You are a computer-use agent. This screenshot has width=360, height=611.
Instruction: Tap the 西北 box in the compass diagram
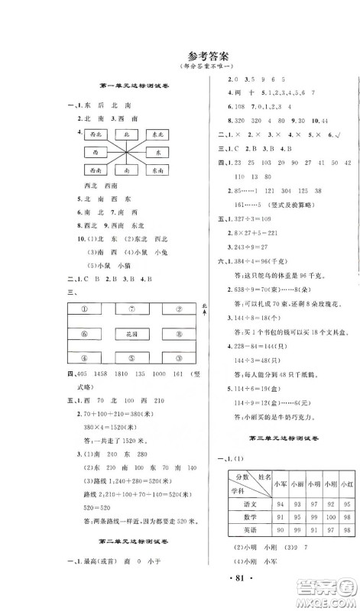94,134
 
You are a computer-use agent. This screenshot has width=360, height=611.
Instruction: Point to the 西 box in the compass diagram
94,153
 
